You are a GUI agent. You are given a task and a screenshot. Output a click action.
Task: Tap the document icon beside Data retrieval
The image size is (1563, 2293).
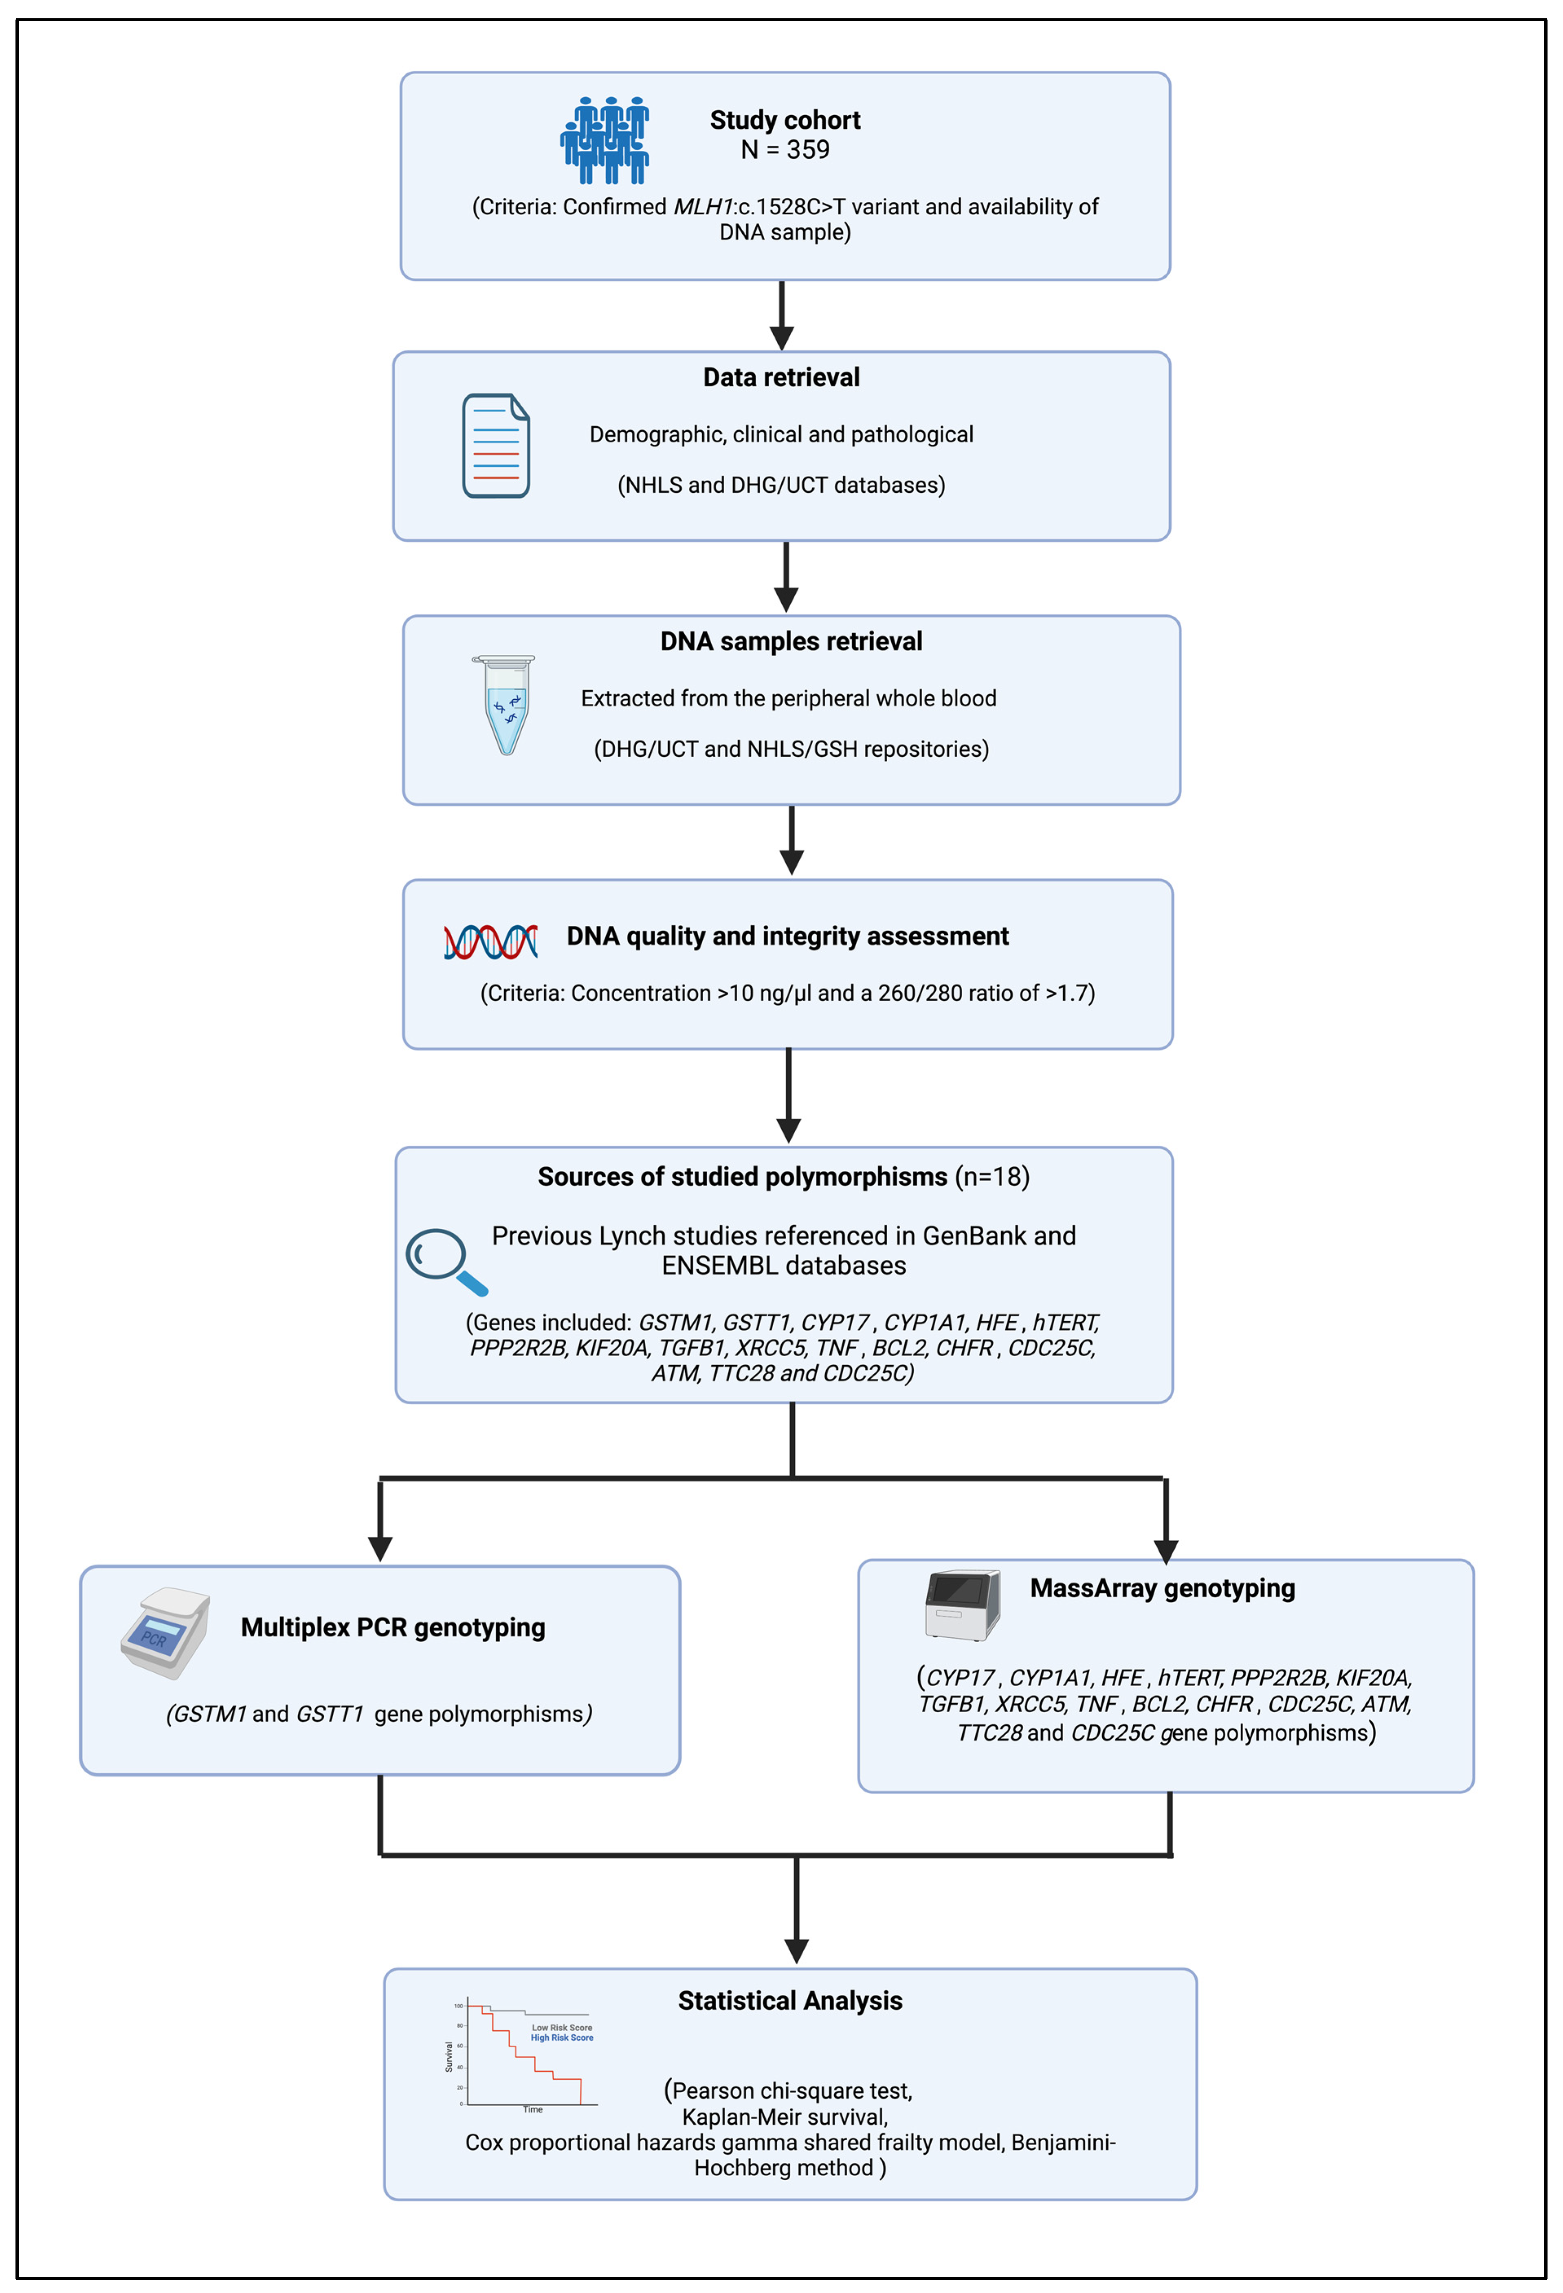pos(495,446)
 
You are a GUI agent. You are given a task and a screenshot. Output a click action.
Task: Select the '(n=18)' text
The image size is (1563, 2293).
pos(991,1177)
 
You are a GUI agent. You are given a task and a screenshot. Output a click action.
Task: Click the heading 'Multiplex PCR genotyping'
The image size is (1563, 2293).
pos(393,1627)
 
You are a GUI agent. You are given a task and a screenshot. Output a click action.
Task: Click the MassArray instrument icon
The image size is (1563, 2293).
pos(962,1605)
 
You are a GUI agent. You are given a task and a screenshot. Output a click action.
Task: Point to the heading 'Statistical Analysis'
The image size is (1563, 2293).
pos(789,2001)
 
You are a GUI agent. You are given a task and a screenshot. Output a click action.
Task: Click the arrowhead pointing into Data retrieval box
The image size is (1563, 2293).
pos(781,338)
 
